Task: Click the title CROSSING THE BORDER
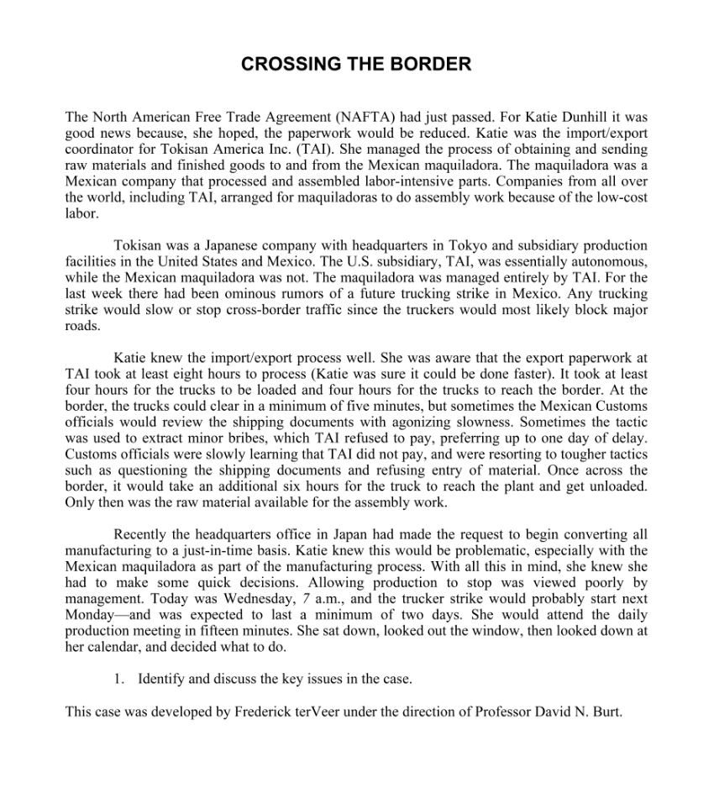pyautogui.click(x=356, y=65)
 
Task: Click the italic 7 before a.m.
pyautogui.click(x=306, y=598)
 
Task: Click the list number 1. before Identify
pyautogui.click(x=119, y=679)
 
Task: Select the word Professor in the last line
pyautogui.click(x=504, y=711)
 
